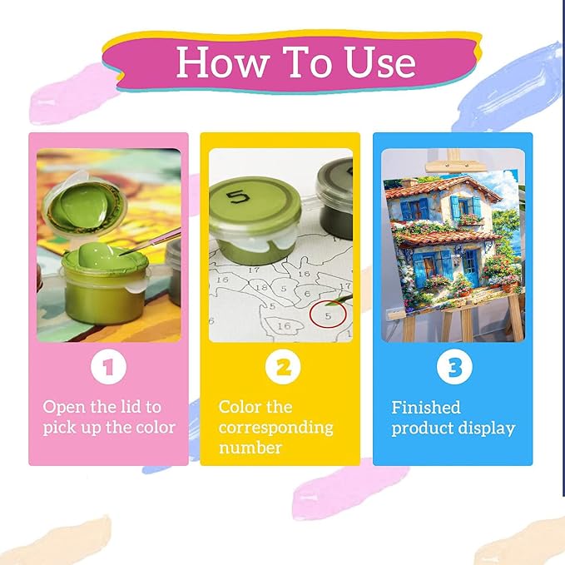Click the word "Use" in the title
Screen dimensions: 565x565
click(380, 62)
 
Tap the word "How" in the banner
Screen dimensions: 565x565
click(223, 62)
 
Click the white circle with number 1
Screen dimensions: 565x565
click(108, 367)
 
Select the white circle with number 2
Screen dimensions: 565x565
click(283, 367)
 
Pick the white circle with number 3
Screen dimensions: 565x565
click(454, 367)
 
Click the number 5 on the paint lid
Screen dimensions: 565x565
click(238, 198)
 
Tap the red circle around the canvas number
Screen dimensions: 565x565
click(328, 315)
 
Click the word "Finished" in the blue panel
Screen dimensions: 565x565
click(426, 407)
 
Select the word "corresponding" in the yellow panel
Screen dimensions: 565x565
click(275, 428)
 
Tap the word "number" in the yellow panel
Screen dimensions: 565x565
click(250, 448)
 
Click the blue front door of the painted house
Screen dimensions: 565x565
click(471, 266)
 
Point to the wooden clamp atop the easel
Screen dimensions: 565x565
click(453, 166)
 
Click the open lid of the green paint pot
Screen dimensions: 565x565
click(85, 205)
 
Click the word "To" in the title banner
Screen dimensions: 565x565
click(307, 62)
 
